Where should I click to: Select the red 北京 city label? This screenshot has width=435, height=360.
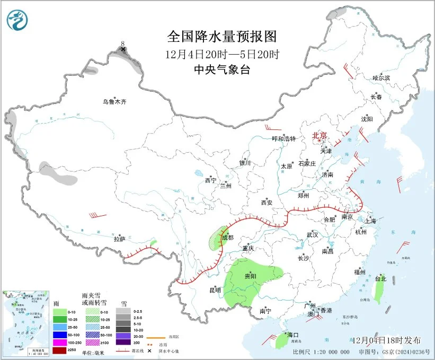coord(320,136)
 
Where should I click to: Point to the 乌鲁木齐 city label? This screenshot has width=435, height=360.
coord(115,101)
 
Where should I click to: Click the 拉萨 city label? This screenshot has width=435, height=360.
coord(119,239)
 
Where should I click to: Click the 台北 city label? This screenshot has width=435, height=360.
coord(380,278)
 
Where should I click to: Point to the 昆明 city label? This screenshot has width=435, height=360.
coord(215,290)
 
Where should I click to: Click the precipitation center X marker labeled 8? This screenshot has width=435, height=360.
coord(123,49)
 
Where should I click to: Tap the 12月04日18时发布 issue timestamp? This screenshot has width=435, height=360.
coord(386,340)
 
